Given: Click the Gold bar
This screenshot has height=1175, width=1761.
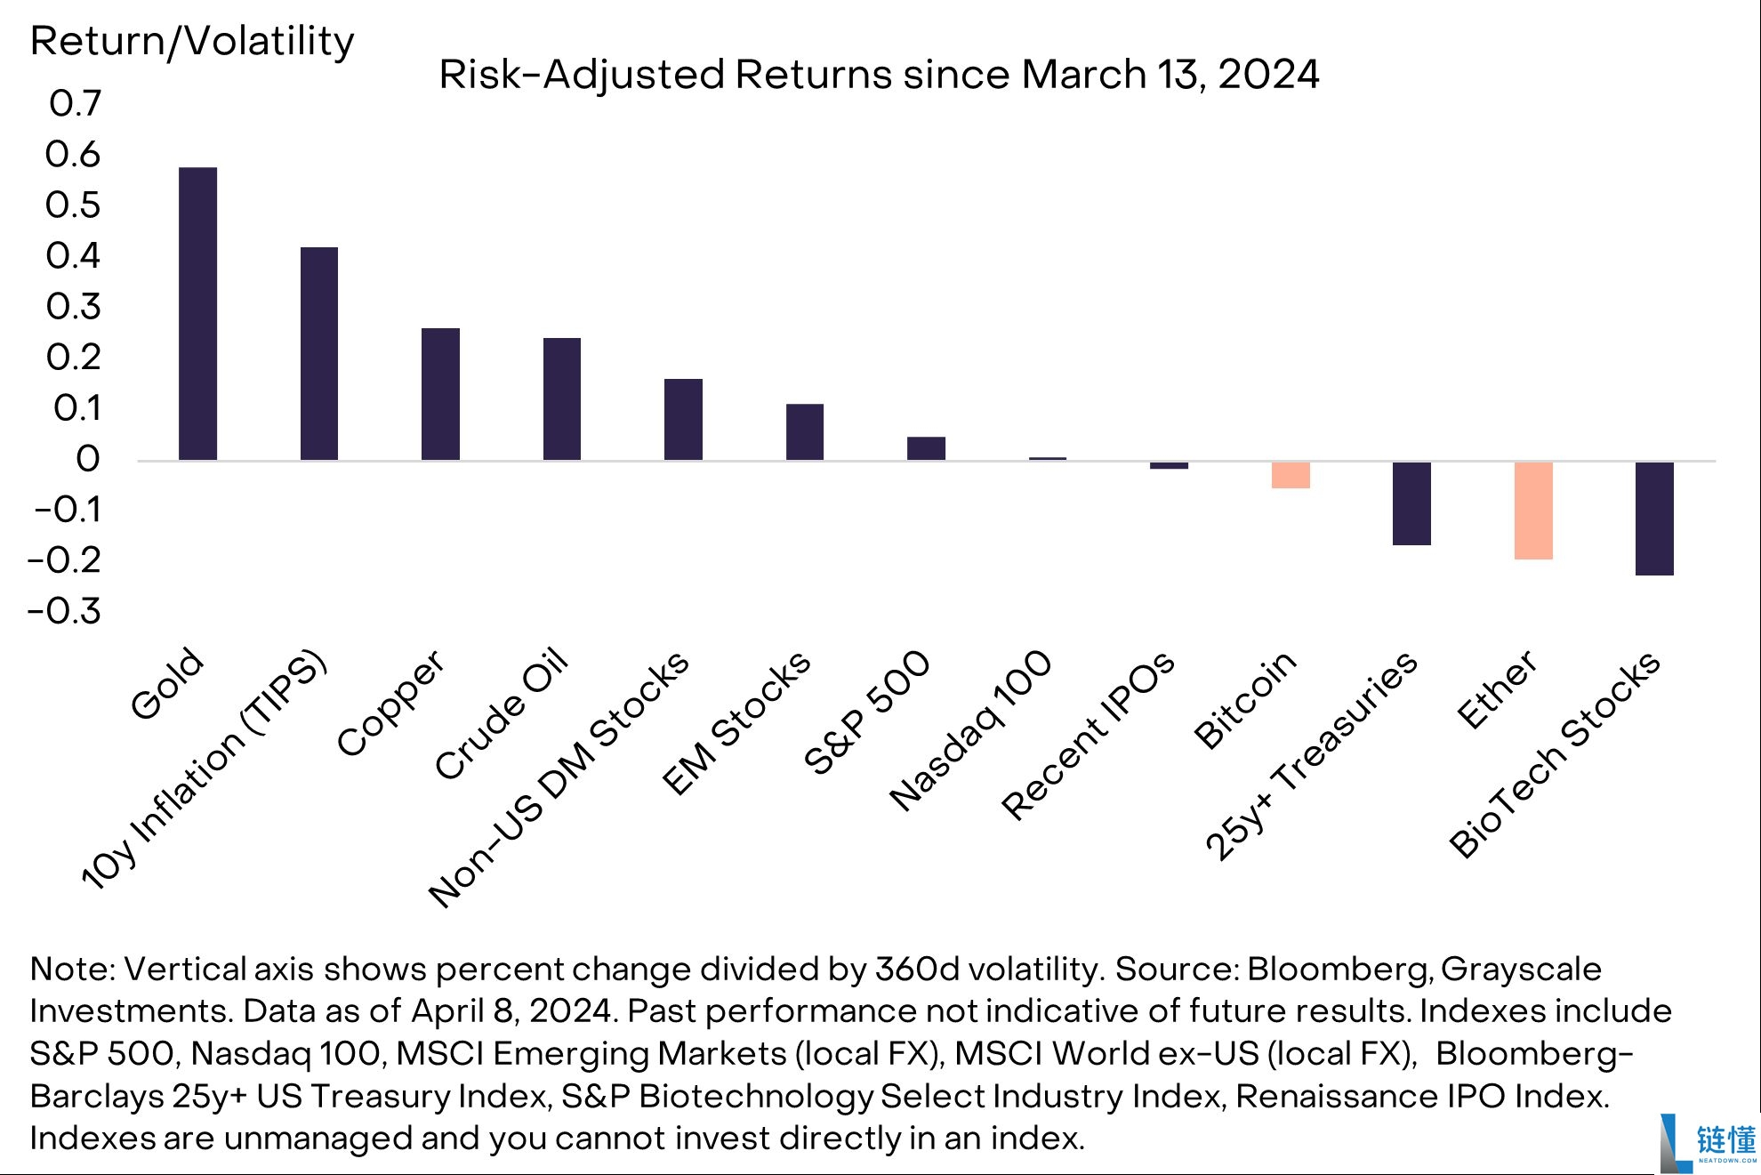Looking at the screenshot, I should click(x=197, y=313).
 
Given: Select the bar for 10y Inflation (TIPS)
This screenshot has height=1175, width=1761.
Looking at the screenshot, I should click(x=319, y=353).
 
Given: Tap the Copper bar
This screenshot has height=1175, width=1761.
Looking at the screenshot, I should click(x=440, y=394).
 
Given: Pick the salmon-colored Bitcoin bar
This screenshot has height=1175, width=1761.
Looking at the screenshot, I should click(x=1291, y=475).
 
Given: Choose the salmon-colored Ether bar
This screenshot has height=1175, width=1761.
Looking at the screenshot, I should click(x=1533, y=511).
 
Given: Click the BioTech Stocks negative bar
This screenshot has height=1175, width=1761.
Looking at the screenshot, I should click(x=1654, y=519).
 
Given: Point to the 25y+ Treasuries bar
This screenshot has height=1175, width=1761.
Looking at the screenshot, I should click(x=1411, y=503).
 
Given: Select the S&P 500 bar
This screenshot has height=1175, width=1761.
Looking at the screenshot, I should click(x=926, y=448).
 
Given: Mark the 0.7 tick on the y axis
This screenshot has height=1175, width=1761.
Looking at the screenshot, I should click(x=76, y=103).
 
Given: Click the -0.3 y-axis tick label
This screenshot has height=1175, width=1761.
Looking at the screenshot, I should click(x=65, y=611).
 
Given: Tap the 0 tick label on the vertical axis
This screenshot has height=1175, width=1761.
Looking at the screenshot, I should click(x=88, y=459).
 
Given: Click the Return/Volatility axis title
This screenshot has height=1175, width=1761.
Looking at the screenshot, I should click(x=192, y=42).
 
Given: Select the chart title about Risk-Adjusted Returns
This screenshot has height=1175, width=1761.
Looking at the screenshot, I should click(x=879, y=75).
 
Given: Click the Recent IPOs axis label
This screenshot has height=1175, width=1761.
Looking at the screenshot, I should click(x=1088, y=736).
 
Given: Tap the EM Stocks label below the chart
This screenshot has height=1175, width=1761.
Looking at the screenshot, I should click(x=736, y=722).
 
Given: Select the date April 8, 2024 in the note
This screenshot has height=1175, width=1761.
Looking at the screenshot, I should click(x=511, y=1011).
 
